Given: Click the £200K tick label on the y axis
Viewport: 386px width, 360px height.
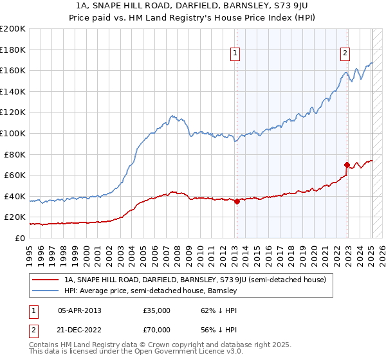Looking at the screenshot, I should (13, 29).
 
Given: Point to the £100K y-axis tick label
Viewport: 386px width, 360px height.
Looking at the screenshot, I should (13, 134).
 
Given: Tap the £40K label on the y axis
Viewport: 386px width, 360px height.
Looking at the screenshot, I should (15, 196).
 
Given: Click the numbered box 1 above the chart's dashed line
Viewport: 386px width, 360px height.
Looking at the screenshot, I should (235, 53).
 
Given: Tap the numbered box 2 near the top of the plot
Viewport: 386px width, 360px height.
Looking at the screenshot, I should (345, 53).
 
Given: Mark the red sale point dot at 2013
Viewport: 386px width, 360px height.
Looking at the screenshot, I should (237, 201).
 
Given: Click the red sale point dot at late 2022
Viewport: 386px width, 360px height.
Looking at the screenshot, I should (347, 165).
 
